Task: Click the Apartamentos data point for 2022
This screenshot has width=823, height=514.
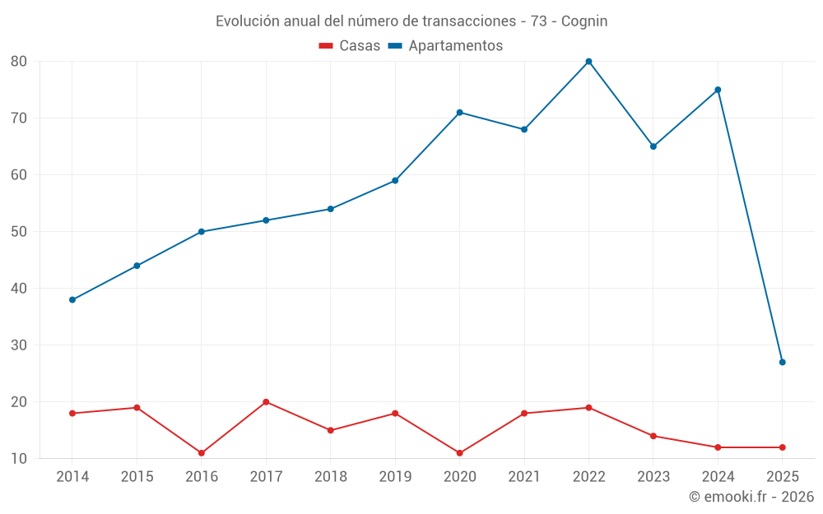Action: click(588, 62)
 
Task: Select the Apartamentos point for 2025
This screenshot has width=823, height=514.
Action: click(783, 362)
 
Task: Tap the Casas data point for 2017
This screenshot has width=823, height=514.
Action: click(266, 402)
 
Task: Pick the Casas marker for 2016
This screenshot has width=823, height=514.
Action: click(202, 453)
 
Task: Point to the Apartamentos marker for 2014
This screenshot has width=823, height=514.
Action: click(72, 299)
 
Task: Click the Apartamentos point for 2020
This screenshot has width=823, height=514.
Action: click(460, 113)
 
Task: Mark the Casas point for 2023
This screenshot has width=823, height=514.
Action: click(653, 436)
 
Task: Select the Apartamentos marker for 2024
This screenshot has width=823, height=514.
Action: click(718, 90)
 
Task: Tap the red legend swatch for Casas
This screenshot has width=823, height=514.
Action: click(326, 46)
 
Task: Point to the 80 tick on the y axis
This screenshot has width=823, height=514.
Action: click(19, 62)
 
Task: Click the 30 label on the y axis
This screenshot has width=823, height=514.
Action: click(19, 345)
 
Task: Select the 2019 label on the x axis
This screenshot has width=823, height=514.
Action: click(395, 477)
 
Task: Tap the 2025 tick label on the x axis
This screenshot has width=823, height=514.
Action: click(783, 477)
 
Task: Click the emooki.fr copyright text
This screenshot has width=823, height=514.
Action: click(751, 497)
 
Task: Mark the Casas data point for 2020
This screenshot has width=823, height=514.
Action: click(460, 453)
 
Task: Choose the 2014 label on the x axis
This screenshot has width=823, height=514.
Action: click(72, 477)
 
